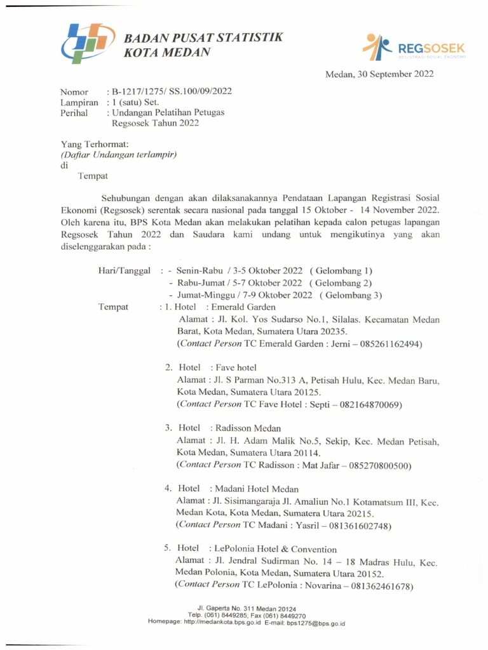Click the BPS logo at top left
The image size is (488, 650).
(x=87, y=43)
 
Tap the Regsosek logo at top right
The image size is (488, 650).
(x=414, y=48)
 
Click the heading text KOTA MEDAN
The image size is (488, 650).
(x=166, y=53)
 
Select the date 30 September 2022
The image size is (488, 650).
(x=393, y=74)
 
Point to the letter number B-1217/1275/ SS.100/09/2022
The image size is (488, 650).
(x=172, y=91)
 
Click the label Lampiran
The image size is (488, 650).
(x=79, y=102)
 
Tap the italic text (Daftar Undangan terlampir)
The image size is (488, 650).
(x=118, y=154)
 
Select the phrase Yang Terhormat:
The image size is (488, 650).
(x=95, y=144)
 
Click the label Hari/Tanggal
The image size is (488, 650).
(x=124, y=270)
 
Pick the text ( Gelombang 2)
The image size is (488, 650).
(x=341, y=283)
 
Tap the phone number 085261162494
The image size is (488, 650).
(x=391, y=343)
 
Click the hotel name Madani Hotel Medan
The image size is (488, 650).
(x=254, y=489)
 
